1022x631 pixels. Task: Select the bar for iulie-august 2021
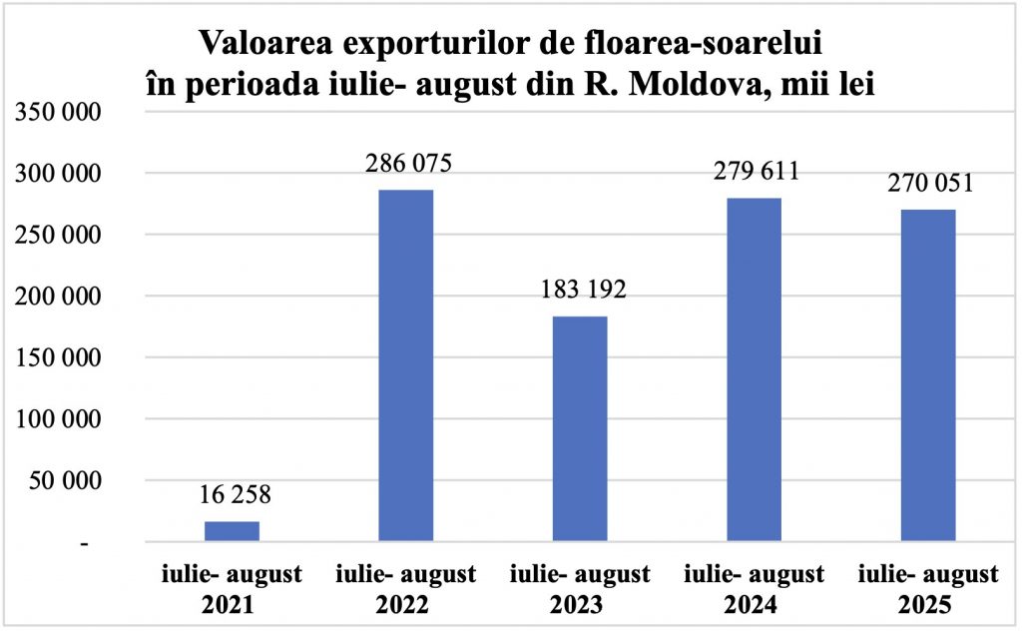[x=232, y=531]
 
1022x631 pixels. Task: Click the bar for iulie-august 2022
[x=406, y=365]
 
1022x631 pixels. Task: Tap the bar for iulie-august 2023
[x=580, y=429]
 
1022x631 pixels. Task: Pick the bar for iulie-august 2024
[x=754, y=369]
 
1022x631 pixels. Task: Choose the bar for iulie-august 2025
[x=928, y=375]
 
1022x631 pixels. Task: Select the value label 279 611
[x=755, y=170]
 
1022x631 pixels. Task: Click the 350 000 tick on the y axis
[x=57, y=112]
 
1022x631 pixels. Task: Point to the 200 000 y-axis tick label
[x=57, y=297]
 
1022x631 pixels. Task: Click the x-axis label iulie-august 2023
[x=580, y=589]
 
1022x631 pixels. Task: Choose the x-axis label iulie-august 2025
[x=928, y=589]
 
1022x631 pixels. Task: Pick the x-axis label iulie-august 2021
[x=232, y=589]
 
